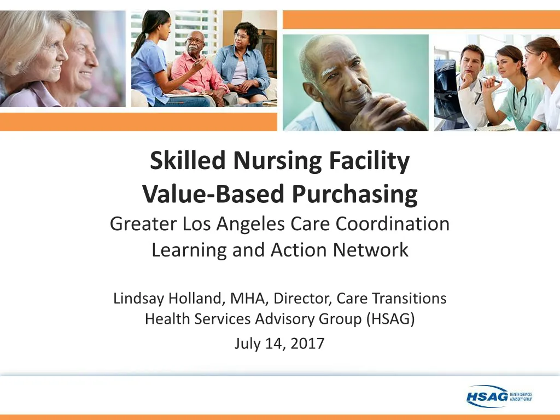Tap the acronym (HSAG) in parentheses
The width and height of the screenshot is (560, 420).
(x=391, y=318)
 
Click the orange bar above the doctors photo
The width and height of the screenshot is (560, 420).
(x=421, y=20)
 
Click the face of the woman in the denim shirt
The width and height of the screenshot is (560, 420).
(x=241, y=36)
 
